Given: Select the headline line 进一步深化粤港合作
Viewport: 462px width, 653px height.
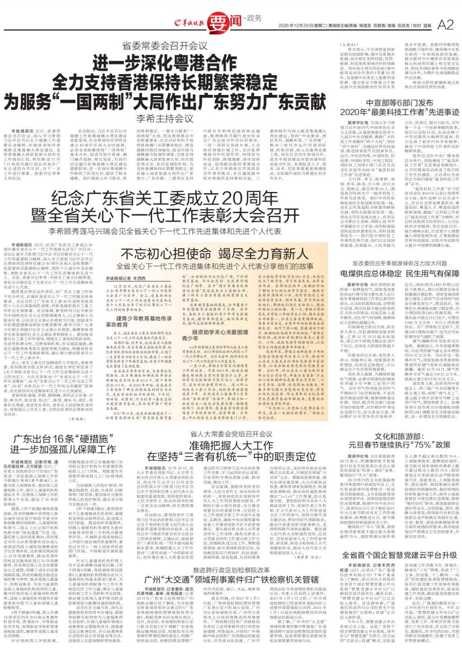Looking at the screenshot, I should (165, 62).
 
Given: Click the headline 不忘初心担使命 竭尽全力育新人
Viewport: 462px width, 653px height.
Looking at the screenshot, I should (215, 253).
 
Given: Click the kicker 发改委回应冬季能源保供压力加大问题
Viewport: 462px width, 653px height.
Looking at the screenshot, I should (400, 263).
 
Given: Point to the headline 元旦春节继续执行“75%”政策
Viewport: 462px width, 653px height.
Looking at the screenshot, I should (400, 445).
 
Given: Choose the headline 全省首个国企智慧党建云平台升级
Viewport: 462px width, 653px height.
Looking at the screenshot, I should (400, 555).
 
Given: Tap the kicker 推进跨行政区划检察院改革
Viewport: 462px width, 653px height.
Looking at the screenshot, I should (231, 569).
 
